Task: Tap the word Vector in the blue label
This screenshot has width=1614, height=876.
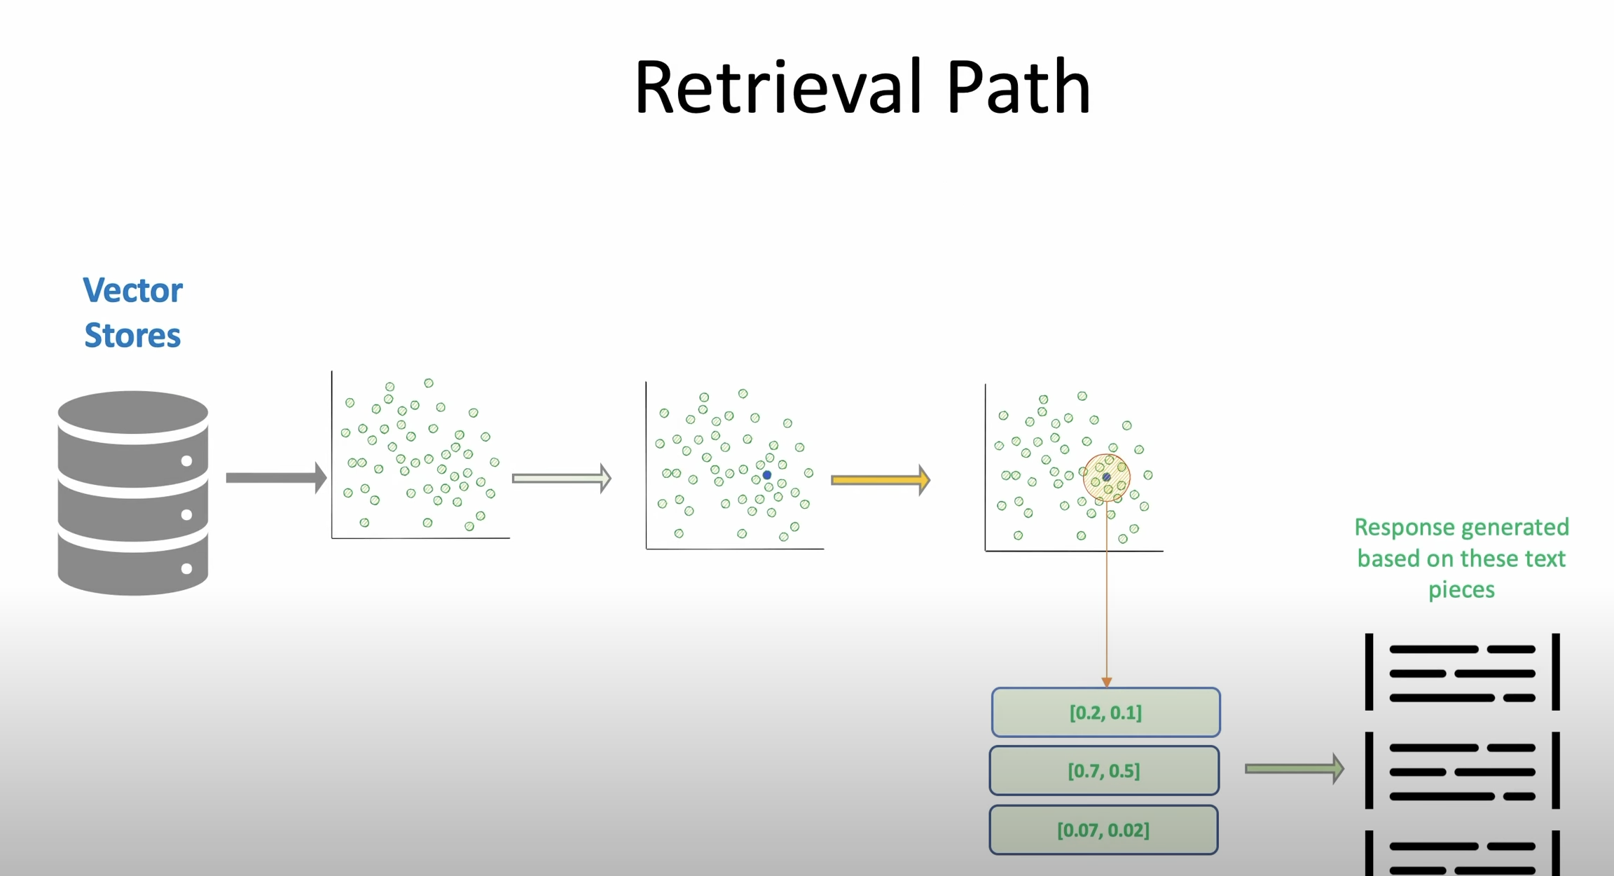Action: (132, 290)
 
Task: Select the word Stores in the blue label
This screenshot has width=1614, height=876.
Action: (132, 336)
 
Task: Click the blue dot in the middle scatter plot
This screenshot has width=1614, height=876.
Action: (767, 475)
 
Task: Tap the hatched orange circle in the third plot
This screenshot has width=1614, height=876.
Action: (1106, 477)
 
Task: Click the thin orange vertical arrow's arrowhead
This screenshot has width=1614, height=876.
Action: (1107, 682)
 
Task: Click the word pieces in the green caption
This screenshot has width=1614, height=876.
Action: (1461, 589)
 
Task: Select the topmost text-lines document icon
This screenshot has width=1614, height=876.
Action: (1462, 673)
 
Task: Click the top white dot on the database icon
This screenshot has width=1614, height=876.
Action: (186, 460)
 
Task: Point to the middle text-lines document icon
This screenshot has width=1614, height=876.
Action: (1462, 772)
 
